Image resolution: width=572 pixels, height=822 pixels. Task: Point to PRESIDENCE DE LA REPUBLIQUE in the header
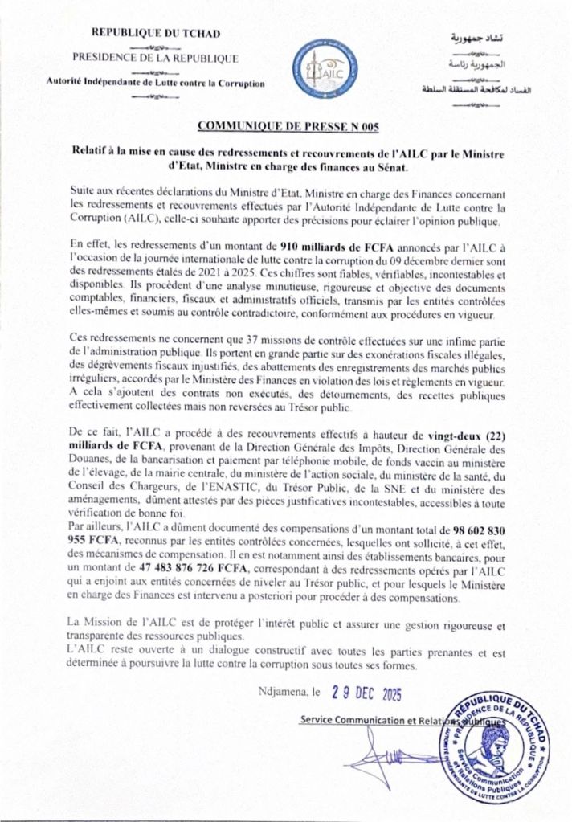coord(155,58)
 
